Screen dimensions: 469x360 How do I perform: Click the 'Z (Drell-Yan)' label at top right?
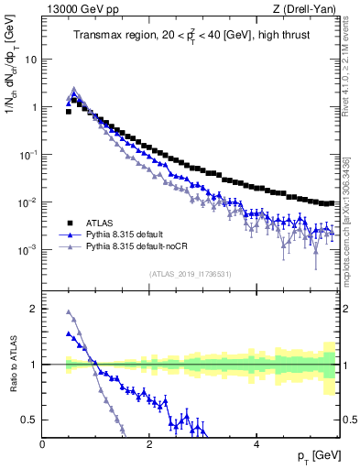pyautogui.click(x=307, y=9)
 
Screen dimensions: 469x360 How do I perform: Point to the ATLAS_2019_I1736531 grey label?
pyautogui.click(x=190, y=274)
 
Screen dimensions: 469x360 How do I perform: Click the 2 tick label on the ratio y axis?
pyautogui.click(x=35, y=309)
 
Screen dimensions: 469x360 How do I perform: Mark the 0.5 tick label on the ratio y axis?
pyautogui.click(x=30, y=420)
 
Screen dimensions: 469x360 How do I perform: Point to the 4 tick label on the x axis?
pyautogui.click(x=256, y=444)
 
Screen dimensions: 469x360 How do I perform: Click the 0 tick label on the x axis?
pyautogui.click(x=42, y=444)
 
